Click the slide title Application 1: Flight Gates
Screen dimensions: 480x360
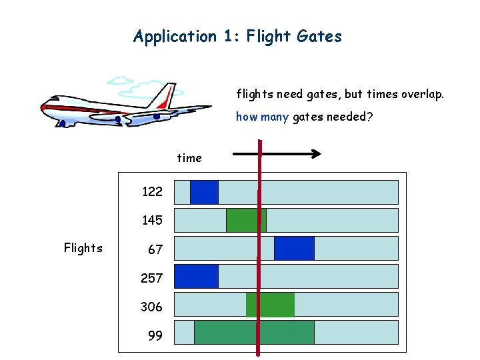click(237, 36)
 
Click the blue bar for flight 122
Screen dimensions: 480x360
click(204, 192)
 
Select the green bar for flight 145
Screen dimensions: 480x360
click(245, 220)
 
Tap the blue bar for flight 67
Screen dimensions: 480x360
click(294, 248)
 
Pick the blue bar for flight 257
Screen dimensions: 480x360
click(196, 276)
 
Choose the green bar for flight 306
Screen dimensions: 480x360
click(270, 304)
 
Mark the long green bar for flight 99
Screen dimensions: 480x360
click(253, 332)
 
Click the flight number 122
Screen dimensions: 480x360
click(152, 192)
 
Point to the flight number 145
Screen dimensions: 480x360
click(152, 220)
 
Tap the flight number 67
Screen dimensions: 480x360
click(155, 250)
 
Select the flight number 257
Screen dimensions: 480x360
click(152, 278)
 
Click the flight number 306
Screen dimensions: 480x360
click(151, 307)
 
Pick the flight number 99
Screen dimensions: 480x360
click(155, 335)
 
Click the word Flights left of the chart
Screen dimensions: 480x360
click(83, 248)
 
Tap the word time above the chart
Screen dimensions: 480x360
click(189, 158)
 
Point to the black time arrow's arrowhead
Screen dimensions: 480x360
click(316, 154)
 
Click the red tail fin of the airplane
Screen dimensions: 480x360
click(164, 97)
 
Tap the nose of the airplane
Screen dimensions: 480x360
click(43, 107)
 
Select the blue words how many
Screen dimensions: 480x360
click(262, 117)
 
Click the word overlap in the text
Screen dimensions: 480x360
click(422, 95)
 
